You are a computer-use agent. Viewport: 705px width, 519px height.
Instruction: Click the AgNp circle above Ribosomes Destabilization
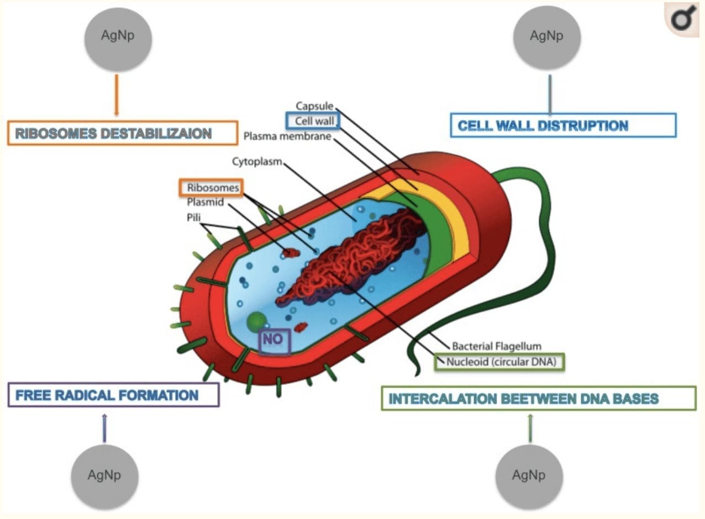(118, 39)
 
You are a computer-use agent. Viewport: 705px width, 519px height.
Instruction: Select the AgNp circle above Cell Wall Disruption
(547, 38)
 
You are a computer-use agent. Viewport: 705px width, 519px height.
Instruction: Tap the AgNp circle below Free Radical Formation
(104, 477)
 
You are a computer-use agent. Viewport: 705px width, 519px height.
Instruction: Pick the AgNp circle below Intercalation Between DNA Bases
(529, 477)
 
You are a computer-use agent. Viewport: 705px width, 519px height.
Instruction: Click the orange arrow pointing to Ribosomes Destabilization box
(117, 94)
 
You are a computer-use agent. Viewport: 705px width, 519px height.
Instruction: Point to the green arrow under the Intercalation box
(530, 428)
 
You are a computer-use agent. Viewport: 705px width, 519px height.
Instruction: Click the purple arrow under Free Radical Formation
(105, 428)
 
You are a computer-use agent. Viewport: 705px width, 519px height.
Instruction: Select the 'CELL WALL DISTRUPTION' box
(564, 125)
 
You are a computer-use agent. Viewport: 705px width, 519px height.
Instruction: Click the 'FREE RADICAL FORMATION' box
(114, 395)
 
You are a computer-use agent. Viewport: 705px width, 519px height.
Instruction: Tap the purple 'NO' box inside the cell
(275, 341)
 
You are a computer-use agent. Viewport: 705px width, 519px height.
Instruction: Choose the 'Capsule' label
(314, 106)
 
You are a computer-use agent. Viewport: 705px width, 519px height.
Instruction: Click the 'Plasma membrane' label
(287, 136)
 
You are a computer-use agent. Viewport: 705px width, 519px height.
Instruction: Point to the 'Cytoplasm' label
(257, 161)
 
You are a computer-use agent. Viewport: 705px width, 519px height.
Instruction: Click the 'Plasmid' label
(205, 202)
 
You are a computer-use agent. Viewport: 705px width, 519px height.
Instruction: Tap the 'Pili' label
(193, 218)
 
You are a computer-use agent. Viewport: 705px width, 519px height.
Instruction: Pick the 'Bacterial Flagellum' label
(497, 346)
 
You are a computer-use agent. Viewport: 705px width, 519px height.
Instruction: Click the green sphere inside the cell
(257, 321)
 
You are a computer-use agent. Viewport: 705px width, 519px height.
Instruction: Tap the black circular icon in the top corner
(682, 19)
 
